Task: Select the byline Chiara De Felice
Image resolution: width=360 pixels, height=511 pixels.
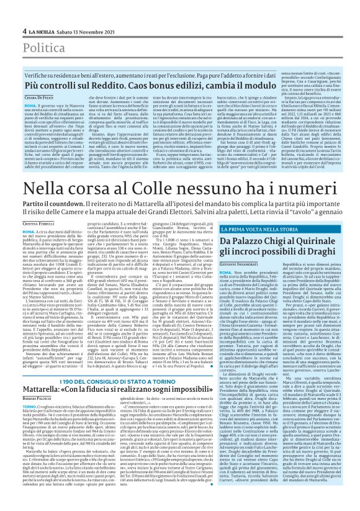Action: coord(38,98)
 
